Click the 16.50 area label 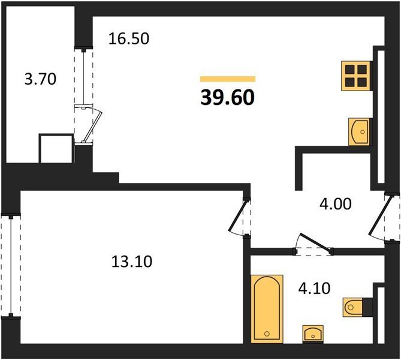[129, 39]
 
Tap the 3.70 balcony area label [40, 79]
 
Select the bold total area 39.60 [228, 98]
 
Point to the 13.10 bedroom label [132, 262]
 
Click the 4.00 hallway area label [336, 204]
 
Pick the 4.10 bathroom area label [314, 289]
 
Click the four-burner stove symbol [356, 76]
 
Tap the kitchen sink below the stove [359, 132]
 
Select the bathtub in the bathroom [267, 309]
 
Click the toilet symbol [353, 307]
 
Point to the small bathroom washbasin [313, 334]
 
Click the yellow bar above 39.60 [228, 79]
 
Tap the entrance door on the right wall [379, 215]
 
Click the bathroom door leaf [316, 241]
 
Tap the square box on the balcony [56, 149]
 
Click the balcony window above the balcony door [84, 76]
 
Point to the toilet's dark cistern [367, 307]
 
